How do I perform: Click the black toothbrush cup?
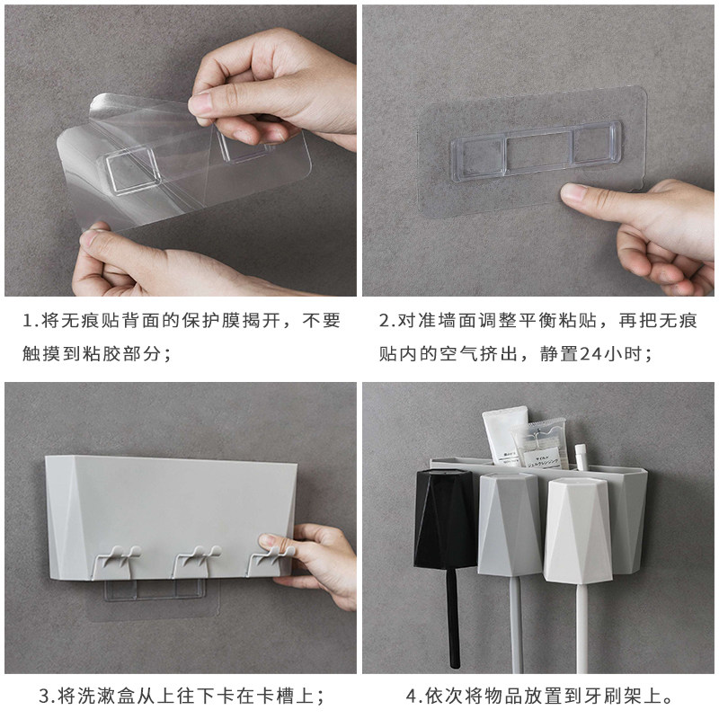(445, 519)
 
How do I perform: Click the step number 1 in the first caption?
(28, 321)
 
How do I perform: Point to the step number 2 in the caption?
(384, 321)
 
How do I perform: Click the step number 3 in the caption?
(44, 696)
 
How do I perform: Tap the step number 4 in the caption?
(412, 696)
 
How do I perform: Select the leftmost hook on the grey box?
(117, 561)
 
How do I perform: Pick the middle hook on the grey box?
(196, 561)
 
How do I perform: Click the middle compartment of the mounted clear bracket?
(539, 152)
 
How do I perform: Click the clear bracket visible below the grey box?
(155, 590)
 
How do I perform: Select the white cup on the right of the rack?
(578, 529)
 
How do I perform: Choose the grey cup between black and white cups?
(509, 524)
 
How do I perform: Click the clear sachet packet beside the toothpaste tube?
(541, 444)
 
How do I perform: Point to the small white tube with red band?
(581, 457)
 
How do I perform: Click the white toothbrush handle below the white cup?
(581, 628)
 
